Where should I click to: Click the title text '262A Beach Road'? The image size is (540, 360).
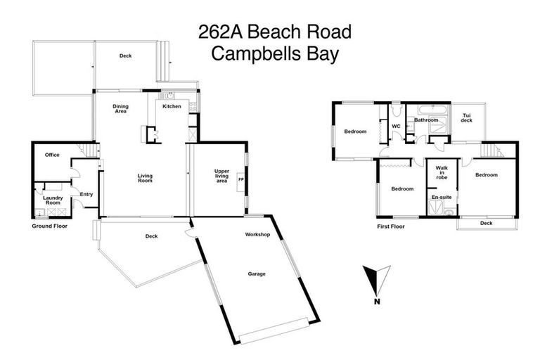[274, 32]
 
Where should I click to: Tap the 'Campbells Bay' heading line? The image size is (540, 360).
[274, 54]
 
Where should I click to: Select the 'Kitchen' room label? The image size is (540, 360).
[172, 106]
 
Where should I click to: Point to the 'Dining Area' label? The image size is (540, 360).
[120, 108]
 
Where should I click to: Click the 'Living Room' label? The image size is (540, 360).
[145, 178]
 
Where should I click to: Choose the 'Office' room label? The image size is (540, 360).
[52, 155]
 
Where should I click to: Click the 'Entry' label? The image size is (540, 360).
[86, 194]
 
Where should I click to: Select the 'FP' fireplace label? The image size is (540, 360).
[241, 179]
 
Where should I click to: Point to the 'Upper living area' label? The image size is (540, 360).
[221, 176]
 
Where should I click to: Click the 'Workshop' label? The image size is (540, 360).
[257, 234]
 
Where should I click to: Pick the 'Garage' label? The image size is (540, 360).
[256, 274]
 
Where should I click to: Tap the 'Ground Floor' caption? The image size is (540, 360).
[49, 226]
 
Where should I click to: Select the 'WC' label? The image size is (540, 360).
[396, 127]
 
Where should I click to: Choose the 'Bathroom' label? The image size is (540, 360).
[426, 120]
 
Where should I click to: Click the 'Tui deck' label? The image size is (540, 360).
[466, 117]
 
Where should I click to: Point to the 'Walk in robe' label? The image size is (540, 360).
[442, 173]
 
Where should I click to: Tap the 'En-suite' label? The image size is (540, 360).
[442, 198]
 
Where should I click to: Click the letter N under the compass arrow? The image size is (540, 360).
[378, 302]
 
